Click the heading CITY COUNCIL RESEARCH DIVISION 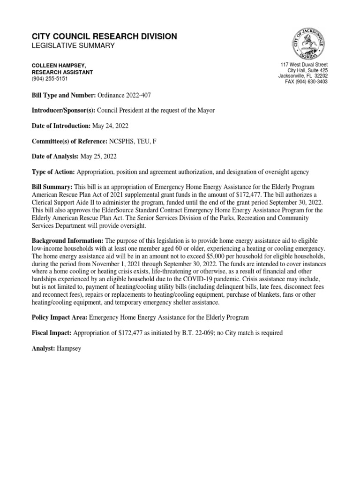click(x=104, y=37)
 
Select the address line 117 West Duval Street click(x=304, y=64)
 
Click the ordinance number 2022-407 click(x=124, y=95)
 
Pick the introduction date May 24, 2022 click(x=111, y=126)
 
